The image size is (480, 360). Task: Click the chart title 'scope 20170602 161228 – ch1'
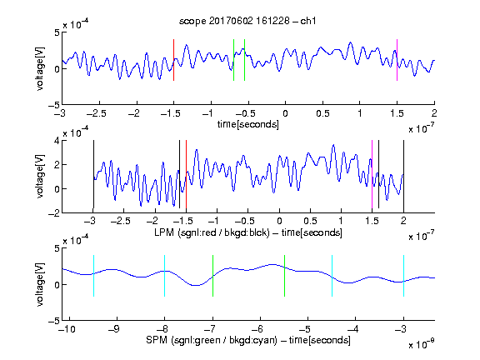[x=247, y=21]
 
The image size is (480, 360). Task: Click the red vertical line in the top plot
[x=173, y=60]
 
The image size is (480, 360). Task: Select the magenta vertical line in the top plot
[x=397, y=60]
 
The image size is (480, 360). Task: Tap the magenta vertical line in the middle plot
[x=372, y=174]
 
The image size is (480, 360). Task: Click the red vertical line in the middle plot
[x=186, y=174]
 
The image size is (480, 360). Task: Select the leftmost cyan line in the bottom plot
[x=93, y=276]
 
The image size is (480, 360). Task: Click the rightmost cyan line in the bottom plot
[x=403, y=276]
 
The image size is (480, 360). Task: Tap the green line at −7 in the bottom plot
[x=212, y=276]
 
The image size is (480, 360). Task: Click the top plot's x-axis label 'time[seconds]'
[x=248, y=124]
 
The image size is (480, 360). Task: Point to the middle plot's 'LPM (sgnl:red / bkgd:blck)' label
[x=212, y=232]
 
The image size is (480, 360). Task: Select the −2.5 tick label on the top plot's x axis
[x=97, y=113]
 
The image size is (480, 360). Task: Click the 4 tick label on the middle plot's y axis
[x=57, y=141]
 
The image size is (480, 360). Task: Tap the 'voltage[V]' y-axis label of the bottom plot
[x=40, y=284]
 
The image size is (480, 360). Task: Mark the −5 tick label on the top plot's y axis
[x=54, y=105]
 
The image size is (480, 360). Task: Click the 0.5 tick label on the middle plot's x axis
[x=310, y=221]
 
